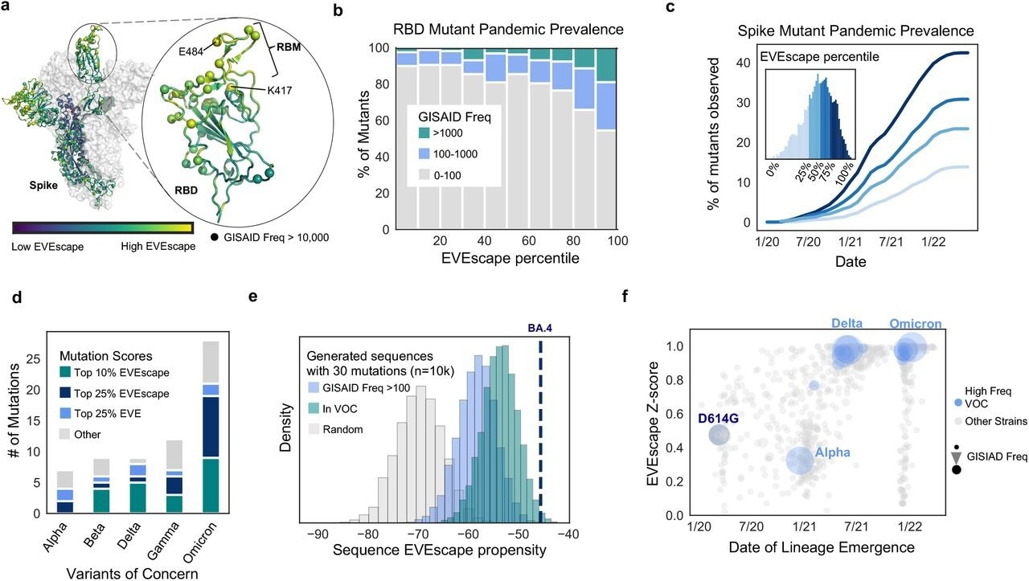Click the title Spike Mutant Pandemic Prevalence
point(856,31)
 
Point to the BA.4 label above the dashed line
point(541,328)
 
